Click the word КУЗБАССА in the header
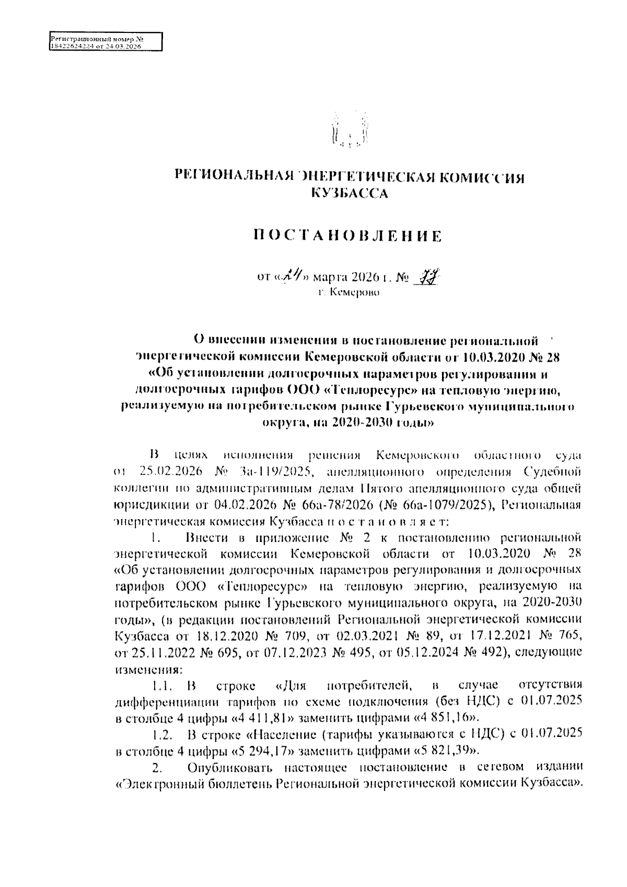(349, 194)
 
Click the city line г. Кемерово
(349, 293)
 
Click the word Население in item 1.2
(282, 735)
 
